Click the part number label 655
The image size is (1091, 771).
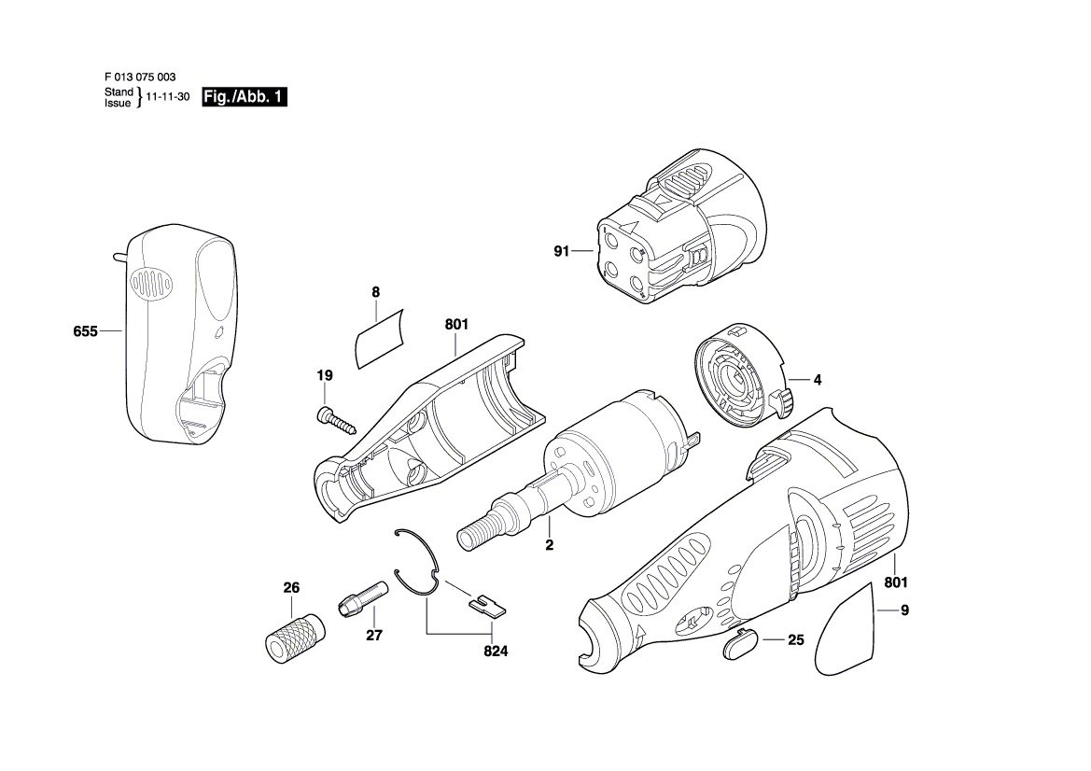pos(86,331)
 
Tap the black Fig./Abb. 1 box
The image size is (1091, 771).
pos(245,97)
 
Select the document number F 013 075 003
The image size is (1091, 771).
pos(140,77)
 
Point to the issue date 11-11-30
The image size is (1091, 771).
pos(168,97)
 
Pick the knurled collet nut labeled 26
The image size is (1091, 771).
pos(295,638)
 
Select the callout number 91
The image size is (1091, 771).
pos(562,251)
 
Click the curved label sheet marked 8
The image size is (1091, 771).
pos(380,339)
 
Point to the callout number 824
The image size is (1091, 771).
pos(497,652)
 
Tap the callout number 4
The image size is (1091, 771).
pos(818,380)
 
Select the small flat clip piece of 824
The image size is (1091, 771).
pos(488,606)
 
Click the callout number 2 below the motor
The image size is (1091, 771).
pos(550,545)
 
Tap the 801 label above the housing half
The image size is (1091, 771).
pos(456,324)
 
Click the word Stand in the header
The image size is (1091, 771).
pos(119,91)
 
